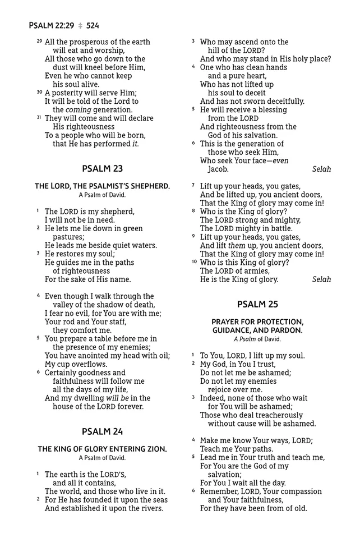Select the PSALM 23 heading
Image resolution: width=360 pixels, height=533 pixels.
pos(102,168)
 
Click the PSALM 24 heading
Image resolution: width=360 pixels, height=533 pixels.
pos(102,431)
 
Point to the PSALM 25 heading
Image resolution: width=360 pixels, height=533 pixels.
pos(257,304)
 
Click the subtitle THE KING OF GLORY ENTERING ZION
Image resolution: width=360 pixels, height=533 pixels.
pos(102,449)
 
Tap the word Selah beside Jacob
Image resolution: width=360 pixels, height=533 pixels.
pos(321,169)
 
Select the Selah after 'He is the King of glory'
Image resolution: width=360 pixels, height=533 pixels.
pos(321,279)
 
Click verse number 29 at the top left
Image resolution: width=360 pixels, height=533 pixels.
pos(39,42)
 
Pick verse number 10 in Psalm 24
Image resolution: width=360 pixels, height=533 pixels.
pos(193,263)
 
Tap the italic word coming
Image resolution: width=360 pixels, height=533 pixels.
pos(79,110)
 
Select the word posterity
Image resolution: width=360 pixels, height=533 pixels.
pos(70,93)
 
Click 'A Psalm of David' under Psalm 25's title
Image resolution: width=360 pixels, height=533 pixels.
pos(257,339)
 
